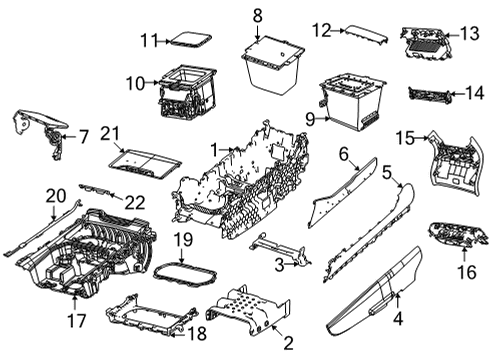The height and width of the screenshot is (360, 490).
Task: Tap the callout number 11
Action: pos(149,41)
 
